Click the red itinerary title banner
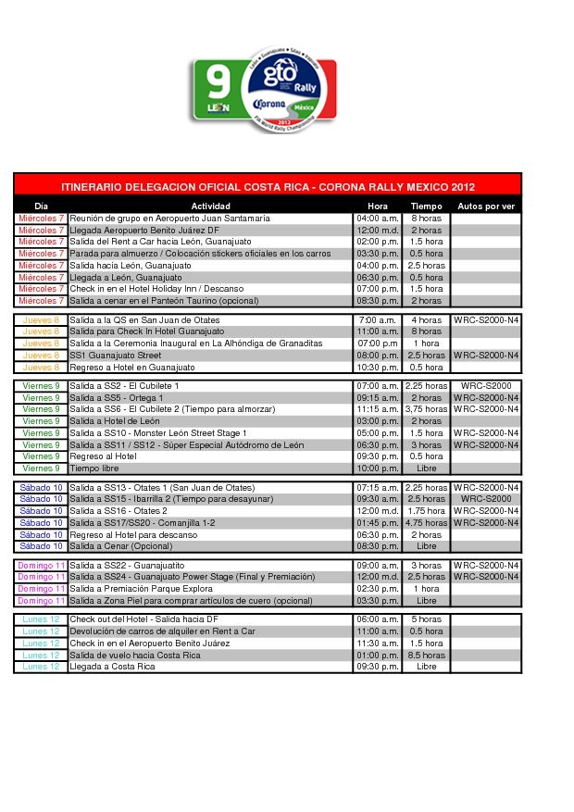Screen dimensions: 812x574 pos(268,186)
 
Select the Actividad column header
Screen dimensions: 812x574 pos(210,206)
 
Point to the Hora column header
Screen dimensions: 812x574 pos(378,206)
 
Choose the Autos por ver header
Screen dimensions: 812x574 pos(486,206)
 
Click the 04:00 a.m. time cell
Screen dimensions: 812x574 pos(378,219)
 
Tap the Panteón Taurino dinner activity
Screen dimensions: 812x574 pos(164,301)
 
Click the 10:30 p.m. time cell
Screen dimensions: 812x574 pos(378,368)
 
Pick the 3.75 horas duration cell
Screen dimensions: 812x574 pos(426,409)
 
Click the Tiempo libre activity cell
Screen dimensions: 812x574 pos(95,468)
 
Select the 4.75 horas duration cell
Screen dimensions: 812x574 pos(426,523)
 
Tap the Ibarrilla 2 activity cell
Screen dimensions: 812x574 pos(157,499)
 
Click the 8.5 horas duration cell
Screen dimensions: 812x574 pos(426,656)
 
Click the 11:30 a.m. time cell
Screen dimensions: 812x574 pos(378,643)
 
